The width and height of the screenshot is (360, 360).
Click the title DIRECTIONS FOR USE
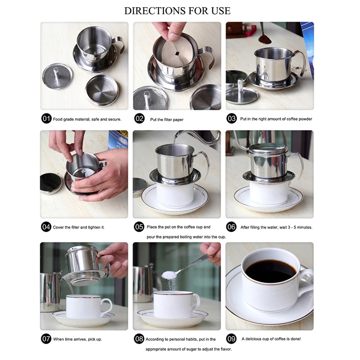point(177,11)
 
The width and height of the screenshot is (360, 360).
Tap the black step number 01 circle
point(46,119)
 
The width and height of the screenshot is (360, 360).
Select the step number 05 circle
point(139,227)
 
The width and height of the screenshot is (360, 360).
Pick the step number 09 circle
point(231,339)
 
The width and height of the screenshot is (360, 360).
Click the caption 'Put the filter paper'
point(166,120)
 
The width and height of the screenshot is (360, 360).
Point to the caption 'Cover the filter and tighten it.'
point(79,227)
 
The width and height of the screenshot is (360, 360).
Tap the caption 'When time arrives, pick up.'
point(77,339)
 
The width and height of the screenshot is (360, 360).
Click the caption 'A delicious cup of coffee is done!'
point(271,339)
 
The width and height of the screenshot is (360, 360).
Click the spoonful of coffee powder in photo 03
point(265,40)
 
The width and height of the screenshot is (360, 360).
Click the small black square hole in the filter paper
point(177,54)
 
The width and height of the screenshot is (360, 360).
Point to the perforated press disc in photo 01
point(57,76)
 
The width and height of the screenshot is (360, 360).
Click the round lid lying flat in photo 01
point(102,90)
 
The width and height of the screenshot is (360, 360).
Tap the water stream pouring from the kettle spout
point(174,144)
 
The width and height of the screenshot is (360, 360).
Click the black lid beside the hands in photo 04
point(51,184)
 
